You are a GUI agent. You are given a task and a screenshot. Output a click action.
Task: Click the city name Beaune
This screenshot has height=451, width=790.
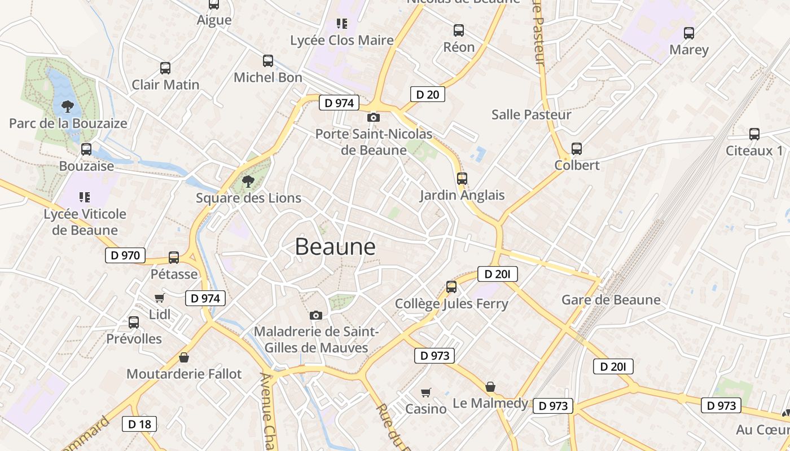[335, 247]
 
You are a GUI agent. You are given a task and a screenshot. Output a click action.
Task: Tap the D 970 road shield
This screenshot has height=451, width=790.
[125, 255]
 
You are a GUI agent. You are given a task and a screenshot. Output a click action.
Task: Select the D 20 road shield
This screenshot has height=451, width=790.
[427, 94]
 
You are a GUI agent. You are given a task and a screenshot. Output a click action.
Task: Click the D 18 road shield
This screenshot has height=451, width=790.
[139, 424]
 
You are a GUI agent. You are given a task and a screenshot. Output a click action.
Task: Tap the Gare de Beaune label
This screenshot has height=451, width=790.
[611, 300]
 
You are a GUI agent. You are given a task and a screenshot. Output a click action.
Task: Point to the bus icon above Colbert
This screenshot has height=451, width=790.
[576, 149]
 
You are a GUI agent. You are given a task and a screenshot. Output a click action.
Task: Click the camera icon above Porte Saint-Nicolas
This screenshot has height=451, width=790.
[373, 118]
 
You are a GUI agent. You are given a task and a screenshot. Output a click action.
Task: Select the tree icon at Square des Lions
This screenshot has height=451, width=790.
[248, 181]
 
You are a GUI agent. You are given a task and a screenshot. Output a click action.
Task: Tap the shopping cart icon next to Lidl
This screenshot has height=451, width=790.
[159, 298]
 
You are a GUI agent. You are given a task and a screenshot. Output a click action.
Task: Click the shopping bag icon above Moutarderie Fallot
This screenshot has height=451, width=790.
[183, 357]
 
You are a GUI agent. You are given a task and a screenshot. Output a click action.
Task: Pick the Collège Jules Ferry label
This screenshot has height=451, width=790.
[451, 304]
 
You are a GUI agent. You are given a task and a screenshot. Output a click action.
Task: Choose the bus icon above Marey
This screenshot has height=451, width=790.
[688, 33]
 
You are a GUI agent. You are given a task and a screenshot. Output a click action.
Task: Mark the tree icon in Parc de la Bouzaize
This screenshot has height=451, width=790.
[68, 106]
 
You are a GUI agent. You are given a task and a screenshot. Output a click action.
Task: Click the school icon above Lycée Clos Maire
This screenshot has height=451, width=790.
[341, 24]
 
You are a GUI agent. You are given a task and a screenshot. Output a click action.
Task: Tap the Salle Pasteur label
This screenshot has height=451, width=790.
[531, 114]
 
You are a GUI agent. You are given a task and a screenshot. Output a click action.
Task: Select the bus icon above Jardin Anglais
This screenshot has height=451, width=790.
[462, 179]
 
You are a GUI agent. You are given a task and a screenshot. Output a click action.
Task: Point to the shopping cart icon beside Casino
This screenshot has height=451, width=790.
[426, 392]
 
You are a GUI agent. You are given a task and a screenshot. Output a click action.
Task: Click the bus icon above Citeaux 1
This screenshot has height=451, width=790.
[754, 134]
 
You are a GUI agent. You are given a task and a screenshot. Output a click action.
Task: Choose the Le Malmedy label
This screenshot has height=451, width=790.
[490, 403]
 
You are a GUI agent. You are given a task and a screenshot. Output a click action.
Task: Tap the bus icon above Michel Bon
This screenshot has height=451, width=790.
[268, 60]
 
